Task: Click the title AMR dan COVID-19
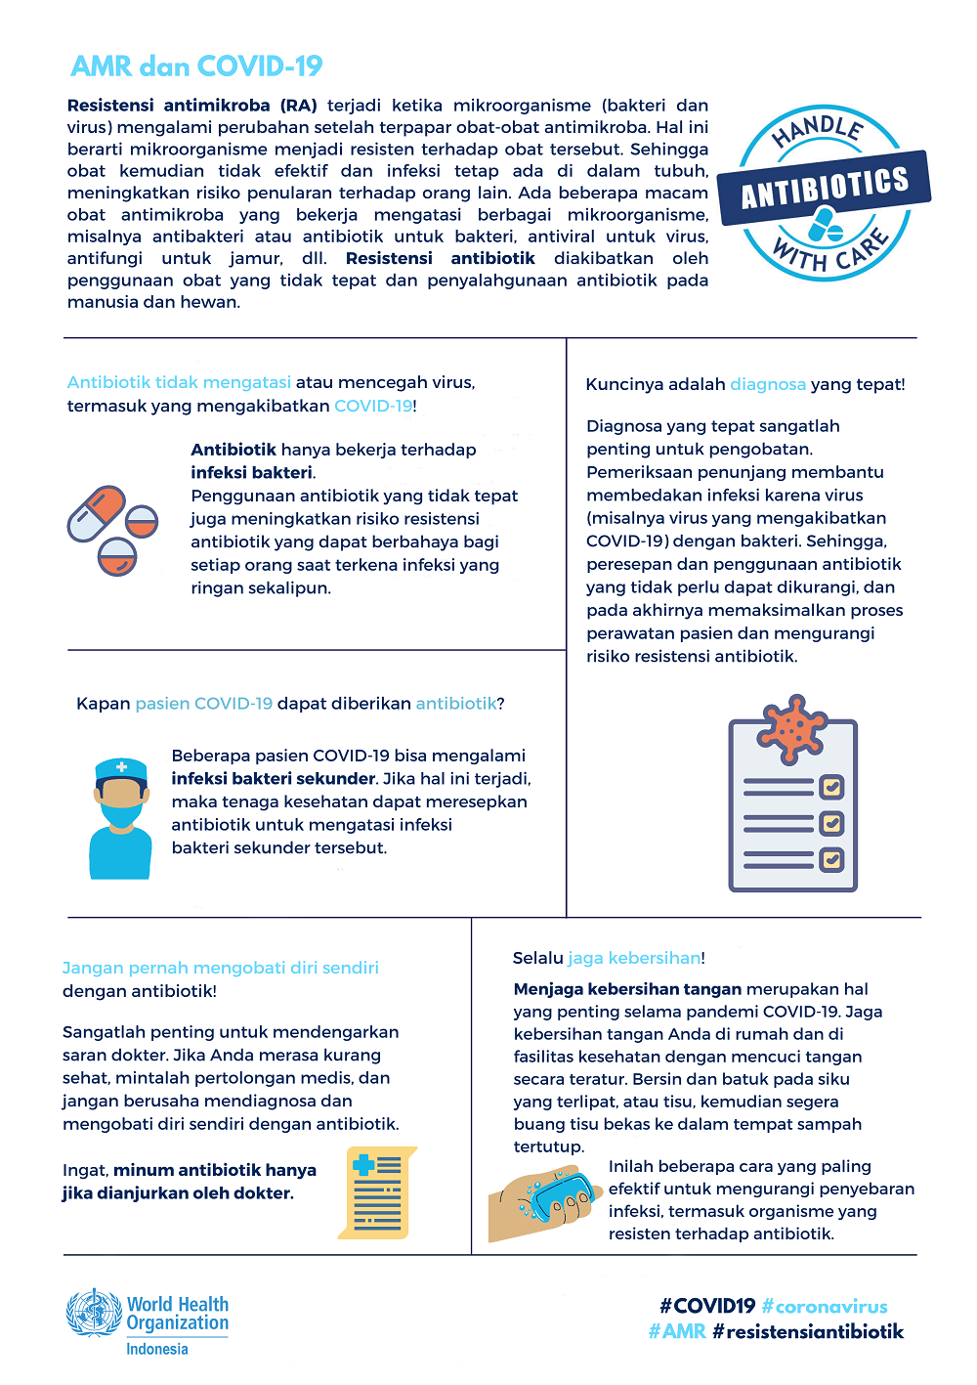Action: point(196,66)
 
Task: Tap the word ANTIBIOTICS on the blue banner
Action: point(825,187)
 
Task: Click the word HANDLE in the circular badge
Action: point(818,130)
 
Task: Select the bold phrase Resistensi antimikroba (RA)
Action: point(191,106)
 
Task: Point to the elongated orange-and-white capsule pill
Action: point(96,513)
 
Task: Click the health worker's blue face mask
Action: point(121,816)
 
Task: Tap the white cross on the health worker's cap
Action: point(121,767)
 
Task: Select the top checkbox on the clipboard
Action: point(831,787)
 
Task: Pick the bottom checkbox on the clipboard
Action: point(831,860)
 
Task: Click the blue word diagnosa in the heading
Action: point(768,384)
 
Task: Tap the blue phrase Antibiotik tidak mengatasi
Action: point(179,382)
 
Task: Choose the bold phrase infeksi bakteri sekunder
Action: point(274,779)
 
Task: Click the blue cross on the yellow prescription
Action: point(364,1165)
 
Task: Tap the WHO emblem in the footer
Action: point(94,1313)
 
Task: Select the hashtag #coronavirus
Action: point(825,1306)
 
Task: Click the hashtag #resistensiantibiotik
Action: point(808,1331)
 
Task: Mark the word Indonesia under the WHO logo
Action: point(157,1349)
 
